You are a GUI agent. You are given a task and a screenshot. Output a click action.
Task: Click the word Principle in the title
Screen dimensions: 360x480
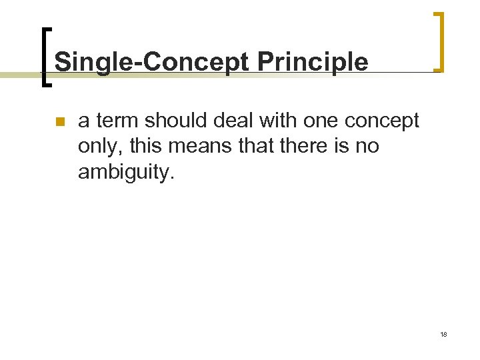coord(313,62)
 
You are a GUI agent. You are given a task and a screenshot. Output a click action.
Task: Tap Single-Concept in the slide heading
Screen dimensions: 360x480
coord(153,62)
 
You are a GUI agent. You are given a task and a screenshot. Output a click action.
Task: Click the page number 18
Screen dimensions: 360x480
coord(443,334)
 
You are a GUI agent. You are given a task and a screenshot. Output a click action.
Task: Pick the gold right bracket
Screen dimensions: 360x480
coord(439,41)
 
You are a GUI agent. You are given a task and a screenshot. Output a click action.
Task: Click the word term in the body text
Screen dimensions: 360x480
coord(117,121)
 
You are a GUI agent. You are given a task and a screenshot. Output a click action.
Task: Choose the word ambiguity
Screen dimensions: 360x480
coord(125,173)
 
